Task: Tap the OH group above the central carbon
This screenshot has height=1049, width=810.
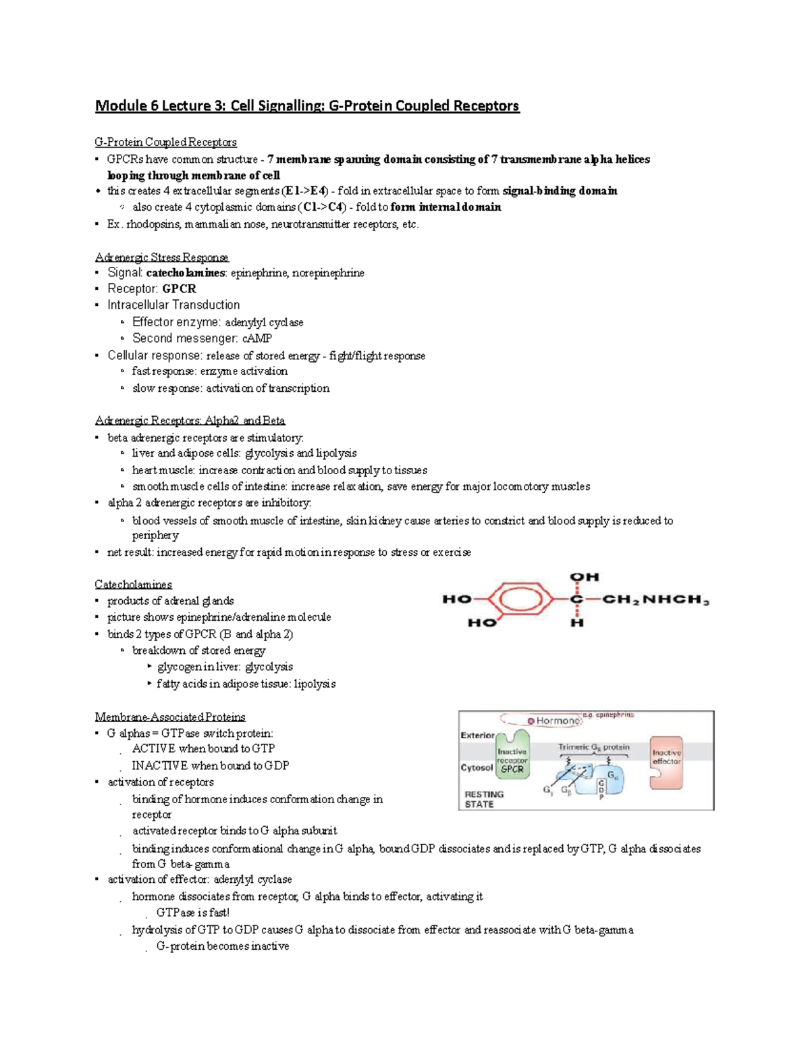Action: pyautogui.click(x=584, y=577)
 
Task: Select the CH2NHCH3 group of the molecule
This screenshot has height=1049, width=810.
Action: pyautogui.click(x=655, y=600)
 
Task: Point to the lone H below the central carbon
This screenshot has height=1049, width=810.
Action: pyautogui.click(x=576, y=622)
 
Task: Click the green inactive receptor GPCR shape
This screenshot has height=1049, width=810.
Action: pyautogui.click(x=512, y=753)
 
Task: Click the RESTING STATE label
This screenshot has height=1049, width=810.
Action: pyautogui.click(x=483, y=799)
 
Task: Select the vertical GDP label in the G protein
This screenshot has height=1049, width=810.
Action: pyautogui.click(x=601, y=789)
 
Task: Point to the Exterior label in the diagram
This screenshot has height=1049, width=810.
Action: pyautogui.click(x=477, y=735)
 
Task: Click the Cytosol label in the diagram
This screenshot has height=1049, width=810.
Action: pyautogui.click(x=477, y=767)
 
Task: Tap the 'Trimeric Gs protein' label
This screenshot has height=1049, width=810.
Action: pyautogui.click(x=593, y=747)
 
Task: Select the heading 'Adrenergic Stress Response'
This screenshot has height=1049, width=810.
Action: pyautogui.click(x=162, y=257)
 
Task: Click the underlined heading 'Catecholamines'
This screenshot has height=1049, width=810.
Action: pyautogui.click(x=133, y=584)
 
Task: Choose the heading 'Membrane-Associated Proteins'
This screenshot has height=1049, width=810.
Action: pyautogui.click(x=169, y=717)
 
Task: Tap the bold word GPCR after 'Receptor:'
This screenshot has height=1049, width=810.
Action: pyautogui.click(x=179, y=288)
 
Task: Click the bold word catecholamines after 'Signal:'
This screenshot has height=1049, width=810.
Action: pyautogui.click(x=186, y=273)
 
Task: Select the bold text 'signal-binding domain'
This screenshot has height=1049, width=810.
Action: pyautogui.click(x=560, y=191)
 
